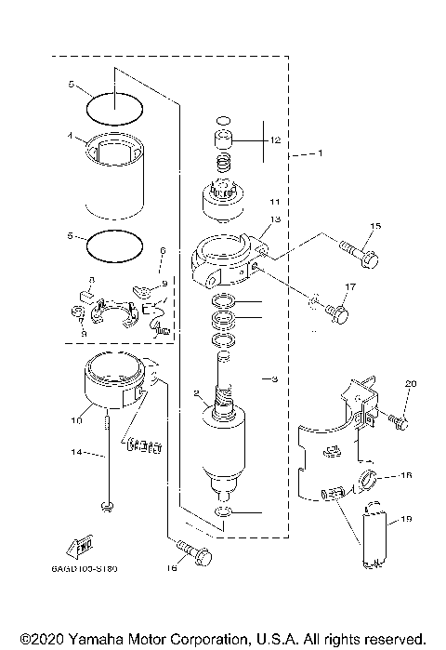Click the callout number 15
click(375, 226)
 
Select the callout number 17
click(351, 287)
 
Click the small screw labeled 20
click(400, 422)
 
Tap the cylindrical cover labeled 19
click(376, 538)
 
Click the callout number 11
click(273, 200)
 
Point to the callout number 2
click(195, 393)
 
